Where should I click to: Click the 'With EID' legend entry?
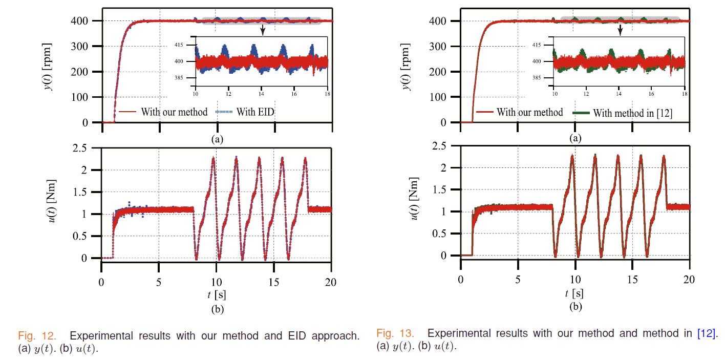coord(255,113)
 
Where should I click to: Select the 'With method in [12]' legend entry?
coord(632,113)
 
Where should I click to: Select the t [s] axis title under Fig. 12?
coord(217,294)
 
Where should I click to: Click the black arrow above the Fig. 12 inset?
coord(263,30)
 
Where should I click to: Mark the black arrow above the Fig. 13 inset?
coord(620,30)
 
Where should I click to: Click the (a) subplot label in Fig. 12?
coord(217,138)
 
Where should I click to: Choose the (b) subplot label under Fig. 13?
coord(575,307)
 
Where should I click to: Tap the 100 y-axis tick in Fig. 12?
coord(81,97)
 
